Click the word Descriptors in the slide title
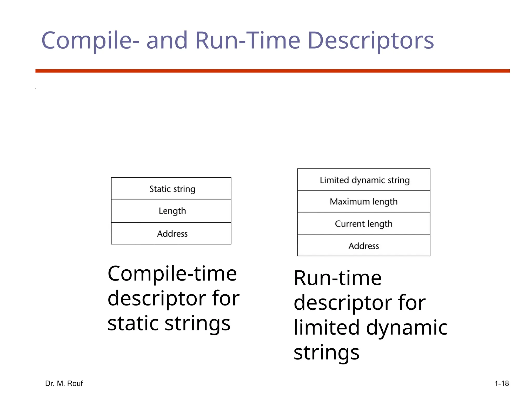(371, 41)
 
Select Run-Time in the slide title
(248, 41)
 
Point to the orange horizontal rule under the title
(272, 71)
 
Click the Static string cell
(171, 189)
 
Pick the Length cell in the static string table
(171, 211)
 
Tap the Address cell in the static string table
(171, 234)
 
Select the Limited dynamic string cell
(364, 180)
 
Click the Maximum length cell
(364, 202)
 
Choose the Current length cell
(364, 224)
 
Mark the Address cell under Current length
(364, 246)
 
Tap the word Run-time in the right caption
(338, 278)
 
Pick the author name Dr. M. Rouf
(64, 383)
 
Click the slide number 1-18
(502, 383)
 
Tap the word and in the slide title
(167, 41)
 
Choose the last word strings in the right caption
(327, 353)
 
